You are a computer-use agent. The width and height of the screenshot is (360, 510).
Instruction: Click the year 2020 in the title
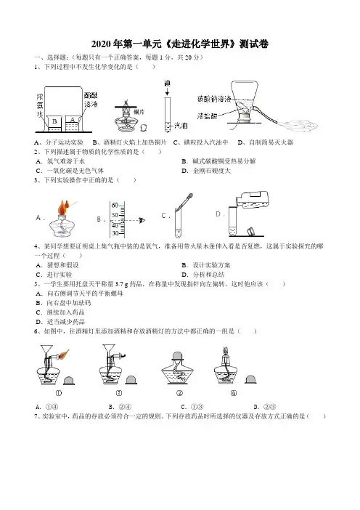click(x=102, y=44)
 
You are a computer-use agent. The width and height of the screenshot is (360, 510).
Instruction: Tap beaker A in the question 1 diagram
click(x=73, y=124)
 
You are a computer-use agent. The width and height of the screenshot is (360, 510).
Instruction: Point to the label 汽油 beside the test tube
click(x=181, y=126)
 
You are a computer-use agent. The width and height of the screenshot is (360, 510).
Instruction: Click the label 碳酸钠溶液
click(x=214, y=99)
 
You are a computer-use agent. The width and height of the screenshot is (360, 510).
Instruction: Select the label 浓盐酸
click(x=207, y=116)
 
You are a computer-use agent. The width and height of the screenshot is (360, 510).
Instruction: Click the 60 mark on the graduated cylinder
click(x=115, y=206)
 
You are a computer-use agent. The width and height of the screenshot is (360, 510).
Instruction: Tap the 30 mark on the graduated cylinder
click(x=115, y=233)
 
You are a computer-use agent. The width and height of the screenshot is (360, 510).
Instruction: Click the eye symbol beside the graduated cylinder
click(x=142, y=221)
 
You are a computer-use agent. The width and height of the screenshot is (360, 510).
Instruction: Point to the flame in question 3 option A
click(x=63, y=207)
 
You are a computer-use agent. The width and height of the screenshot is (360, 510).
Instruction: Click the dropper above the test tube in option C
click(x=184, y=202)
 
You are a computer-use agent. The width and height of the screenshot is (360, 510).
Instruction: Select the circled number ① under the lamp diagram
click(x=59, y=393)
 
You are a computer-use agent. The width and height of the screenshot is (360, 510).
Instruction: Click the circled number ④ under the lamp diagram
click(x=233, y=393)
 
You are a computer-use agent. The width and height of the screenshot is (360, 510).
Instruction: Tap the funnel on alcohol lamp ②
click(x=109, y=351)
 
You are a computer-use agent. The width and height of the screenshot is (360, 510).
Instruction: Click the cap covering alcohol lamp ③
click(x=178, y=356)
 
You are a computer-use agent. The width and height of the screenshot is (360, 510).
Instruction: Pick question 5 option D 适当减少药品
click(x=60, y=322)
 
